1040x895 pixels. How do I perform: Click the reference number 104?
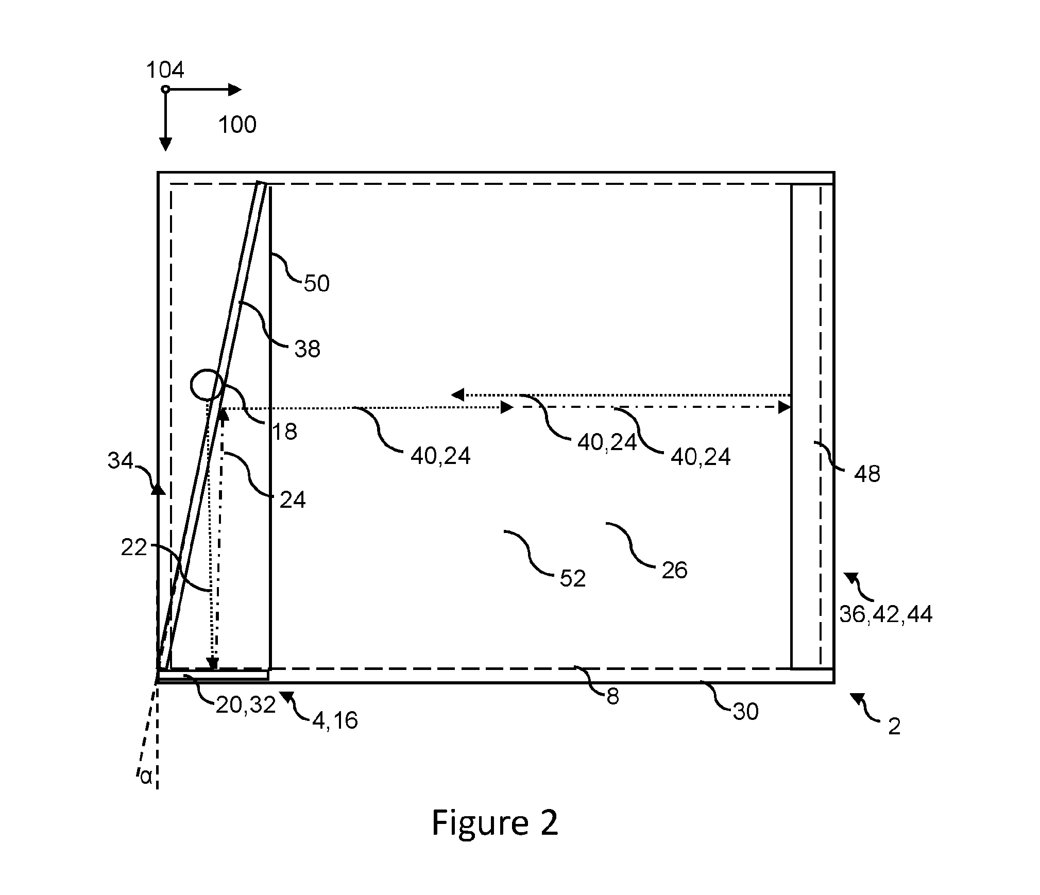click(x=165, y=70)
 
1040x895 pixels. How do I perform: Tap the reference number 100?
click(x=237, y=125)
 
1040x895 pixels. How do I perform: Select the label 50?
click(x=316, y=284)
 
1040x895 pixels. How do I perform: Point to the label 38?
click(x=308, y=349)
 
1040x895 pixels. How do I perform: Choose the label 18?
click(x=284, y=432)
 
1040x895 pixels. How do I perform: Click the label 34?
click(x=120, y=461)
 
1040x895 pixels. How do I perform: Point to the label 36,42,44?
click(x=886, y=615)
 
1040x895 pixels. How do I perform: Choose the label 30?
click(x=745, y=712)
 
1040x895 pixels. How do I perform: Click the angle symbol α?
click(x=146, y=777)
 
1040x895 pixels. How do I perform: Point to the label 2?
click(x=894, y=727)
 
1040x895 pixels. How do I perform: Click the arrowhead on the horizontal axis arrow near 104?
click(x=235, y=90)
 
